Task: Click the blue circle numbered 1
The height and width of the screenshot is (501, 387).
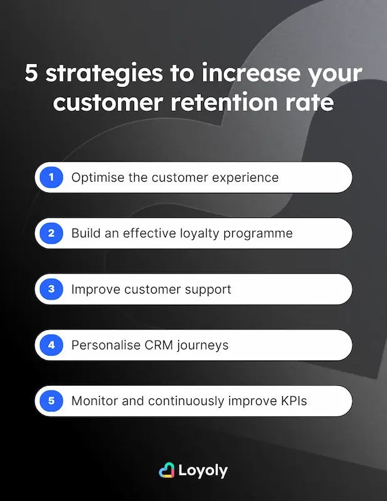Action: (x=51, y=177)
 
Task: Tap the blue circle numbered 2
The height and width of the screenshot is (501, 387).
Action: (x=51, y=234)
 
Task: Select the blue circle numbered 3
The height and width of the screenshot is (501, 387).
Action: (x=51, y=289)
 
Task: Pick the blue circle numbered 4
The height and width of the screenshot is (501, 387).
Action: (x=51, y=345)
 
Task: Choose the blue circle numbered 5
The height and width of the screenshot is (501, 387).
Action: (x=51, y=401)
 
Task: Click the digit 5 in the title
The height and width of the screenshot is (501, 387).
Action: (x=31, y=74)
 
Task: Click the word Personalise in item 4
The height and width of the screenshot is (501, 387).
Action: (x=106, y=345)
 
